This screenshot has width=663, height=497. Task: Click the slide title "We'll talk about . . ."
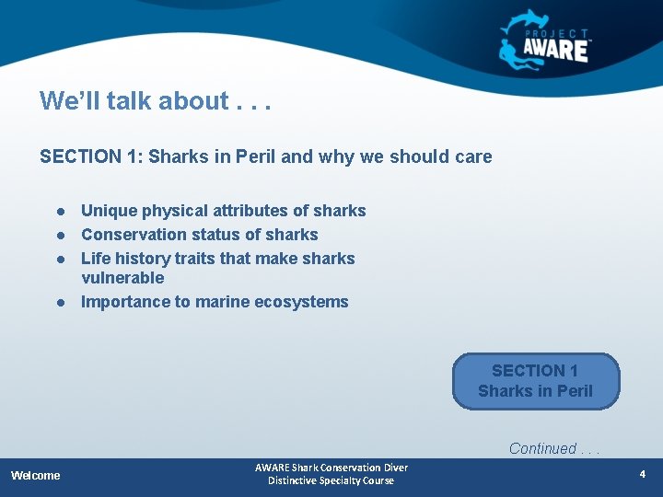coord(155,101)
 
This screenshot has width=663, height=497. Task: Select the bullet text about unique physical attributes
coord(223,211)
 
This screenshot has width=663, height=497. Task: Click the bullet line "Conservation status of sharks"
coord(199,235)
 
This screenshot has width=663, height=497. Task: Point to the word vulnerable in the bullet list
coord(122,278)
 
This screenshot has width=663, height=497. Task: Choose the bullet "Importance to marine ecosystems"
coord(215,302)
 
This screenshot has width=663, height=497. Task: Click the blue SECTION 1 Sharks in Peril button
coord(536,381)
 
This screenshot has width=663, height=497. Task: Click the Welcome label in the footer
coord(36,476)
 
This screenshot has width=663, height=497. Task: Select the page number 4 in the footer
coord(643,475)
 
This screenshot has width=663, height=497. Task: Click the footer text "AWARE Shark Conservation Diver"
coord(331,468)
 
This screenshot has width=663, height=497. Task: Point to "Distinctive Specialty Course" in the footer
coord(331,480)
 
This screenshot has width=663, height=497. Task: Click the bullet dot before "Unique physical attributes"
coord(59,212)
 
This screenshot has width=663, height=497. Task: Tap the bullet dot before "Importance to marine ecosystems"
coord(59,303)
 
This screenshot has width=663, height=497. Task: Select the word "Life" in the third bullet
coord(96,259)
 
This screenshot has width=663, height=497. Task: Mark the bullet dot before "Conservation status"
coord(59,236)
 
